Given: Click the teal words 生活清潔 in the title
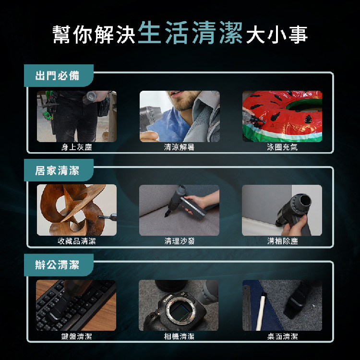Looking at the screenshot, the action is coord(190,33).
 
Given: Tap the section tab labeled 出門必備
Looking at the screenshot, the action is coord(59,75).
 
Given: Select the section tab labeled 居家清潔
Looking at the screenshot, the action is coord(59,170).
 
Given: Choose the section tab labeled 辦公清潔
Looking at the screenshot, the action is coord(59,265).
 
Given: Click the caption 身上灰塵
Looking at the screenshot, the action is coord(77,147).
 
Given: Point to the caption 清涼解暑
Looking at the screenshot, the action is coord(180,147).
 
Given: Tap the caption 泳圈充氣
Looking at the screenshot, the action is coord(282,147).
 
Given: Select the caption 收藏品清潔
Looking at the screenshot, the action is coord(77,241).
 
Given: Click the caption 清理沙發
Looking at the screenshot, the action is coord(180,241).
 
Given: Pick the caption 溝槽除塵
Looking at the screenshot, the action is coord(283,241).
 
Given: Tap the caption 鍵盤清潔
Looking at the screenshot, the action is coord(77,336).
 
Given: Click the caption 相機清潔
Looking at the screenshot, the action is coord(180,336).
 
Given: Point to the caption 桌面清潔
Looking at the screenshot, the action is coord(283,336).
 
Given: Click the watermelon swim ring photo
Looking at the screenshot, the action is coord(282,117).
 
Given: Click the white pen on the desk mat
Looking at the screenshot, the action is coord(261,312).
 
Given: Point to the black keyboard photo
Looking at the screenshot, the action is coord(76,305).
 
